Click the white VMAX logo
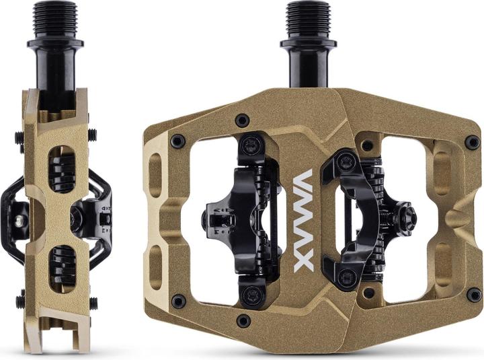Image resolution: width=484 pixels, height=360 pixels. coord(304,220)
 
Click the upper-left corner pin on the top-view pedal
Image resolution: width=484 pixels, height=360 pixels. coord(178,141)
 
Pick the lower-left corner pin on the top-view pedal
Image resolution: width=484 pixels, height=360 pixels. coord(178,301)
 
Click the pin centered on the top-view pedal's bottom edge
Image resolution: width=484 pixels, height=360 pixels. coord(243,320)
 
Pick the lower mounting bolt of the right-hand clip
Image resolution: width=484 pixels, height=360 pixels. coord(347,277)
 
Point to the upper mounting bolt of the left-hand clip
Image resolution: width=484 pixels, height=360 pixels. coord(252,143)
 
